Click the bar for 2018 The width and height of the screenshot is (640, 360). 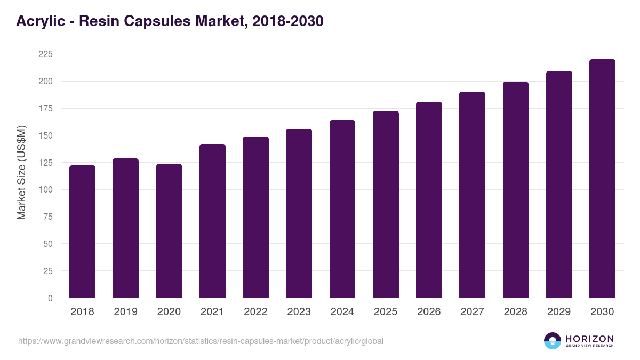(82, 232)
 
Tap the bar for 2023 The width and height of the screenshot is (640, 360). (299, 213)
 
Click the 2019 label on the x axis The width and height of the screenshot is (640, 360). (125, 312)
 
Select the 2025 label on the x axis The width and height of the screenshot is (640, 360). (386, 312)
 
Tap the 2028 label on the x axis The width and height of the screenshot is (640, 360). (516, 312)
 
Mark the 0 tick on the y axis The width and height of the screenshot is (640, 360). (50, 298)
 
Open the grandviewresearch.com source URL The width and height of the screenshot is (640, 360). (201, 341)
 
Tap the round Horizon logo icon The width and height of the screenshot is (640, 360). (553, 341)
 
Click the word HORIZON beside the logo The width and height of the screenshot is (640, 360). (589, 339)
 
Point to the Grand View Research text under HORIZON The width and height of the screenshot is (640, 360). (589, 346)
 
